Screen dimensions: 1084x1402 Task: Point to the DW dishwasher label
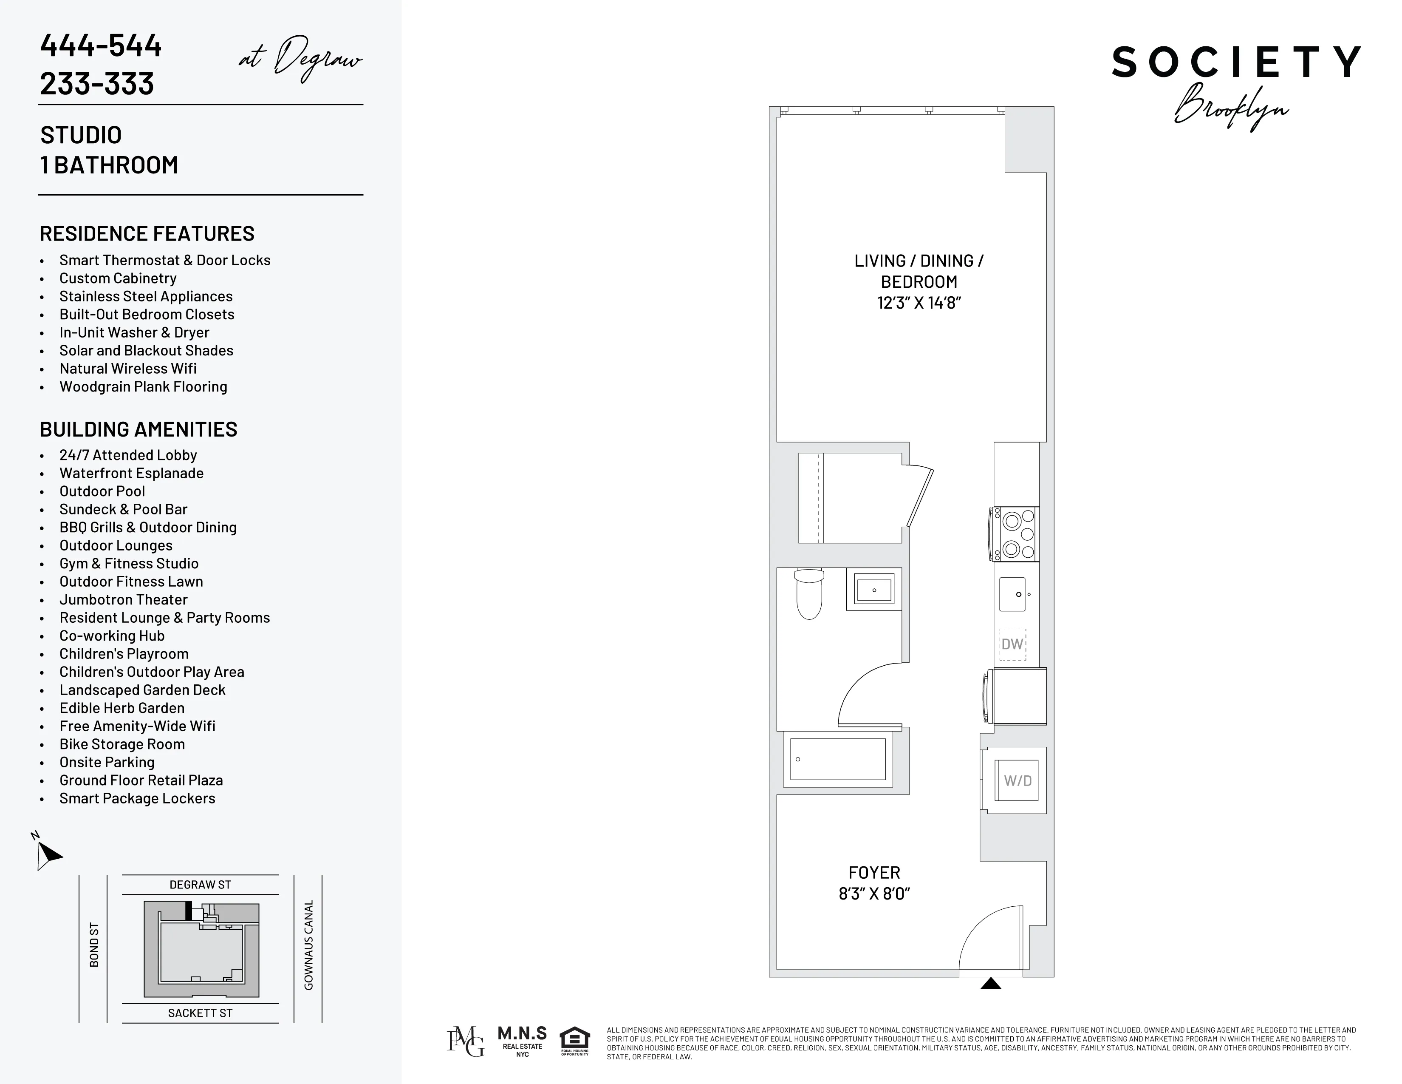(x=1012, y=644)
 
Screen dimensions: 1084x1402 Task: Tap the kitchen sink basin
(x=1013, y=594)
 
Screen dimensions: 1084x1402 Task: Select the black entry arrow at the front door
(x=990, y=983)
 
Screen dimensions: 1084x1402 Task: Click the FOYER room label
(x=874, y=873)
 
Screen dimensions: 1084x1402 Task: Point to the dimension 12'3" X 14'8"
(x=919, y=303)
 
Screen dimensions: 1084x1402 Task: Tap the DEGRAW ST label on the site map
(x=200, y=885)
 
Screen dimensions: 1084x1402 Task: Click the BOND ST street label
(x=94, y=945)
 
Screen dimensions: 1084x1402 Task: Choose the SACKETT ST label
(x=200, y=1013)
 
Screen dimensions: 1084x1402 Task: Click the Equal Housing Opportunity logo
(x=574, y=1041)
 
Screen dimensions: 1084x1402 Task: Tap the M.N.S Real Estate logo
(x=522, y=1041)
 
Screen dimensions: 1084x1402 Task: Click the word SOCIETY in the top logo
(x=1236, y=62)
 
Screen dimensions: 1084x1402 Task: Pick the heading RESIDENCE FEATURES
(x=147, y=234)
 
